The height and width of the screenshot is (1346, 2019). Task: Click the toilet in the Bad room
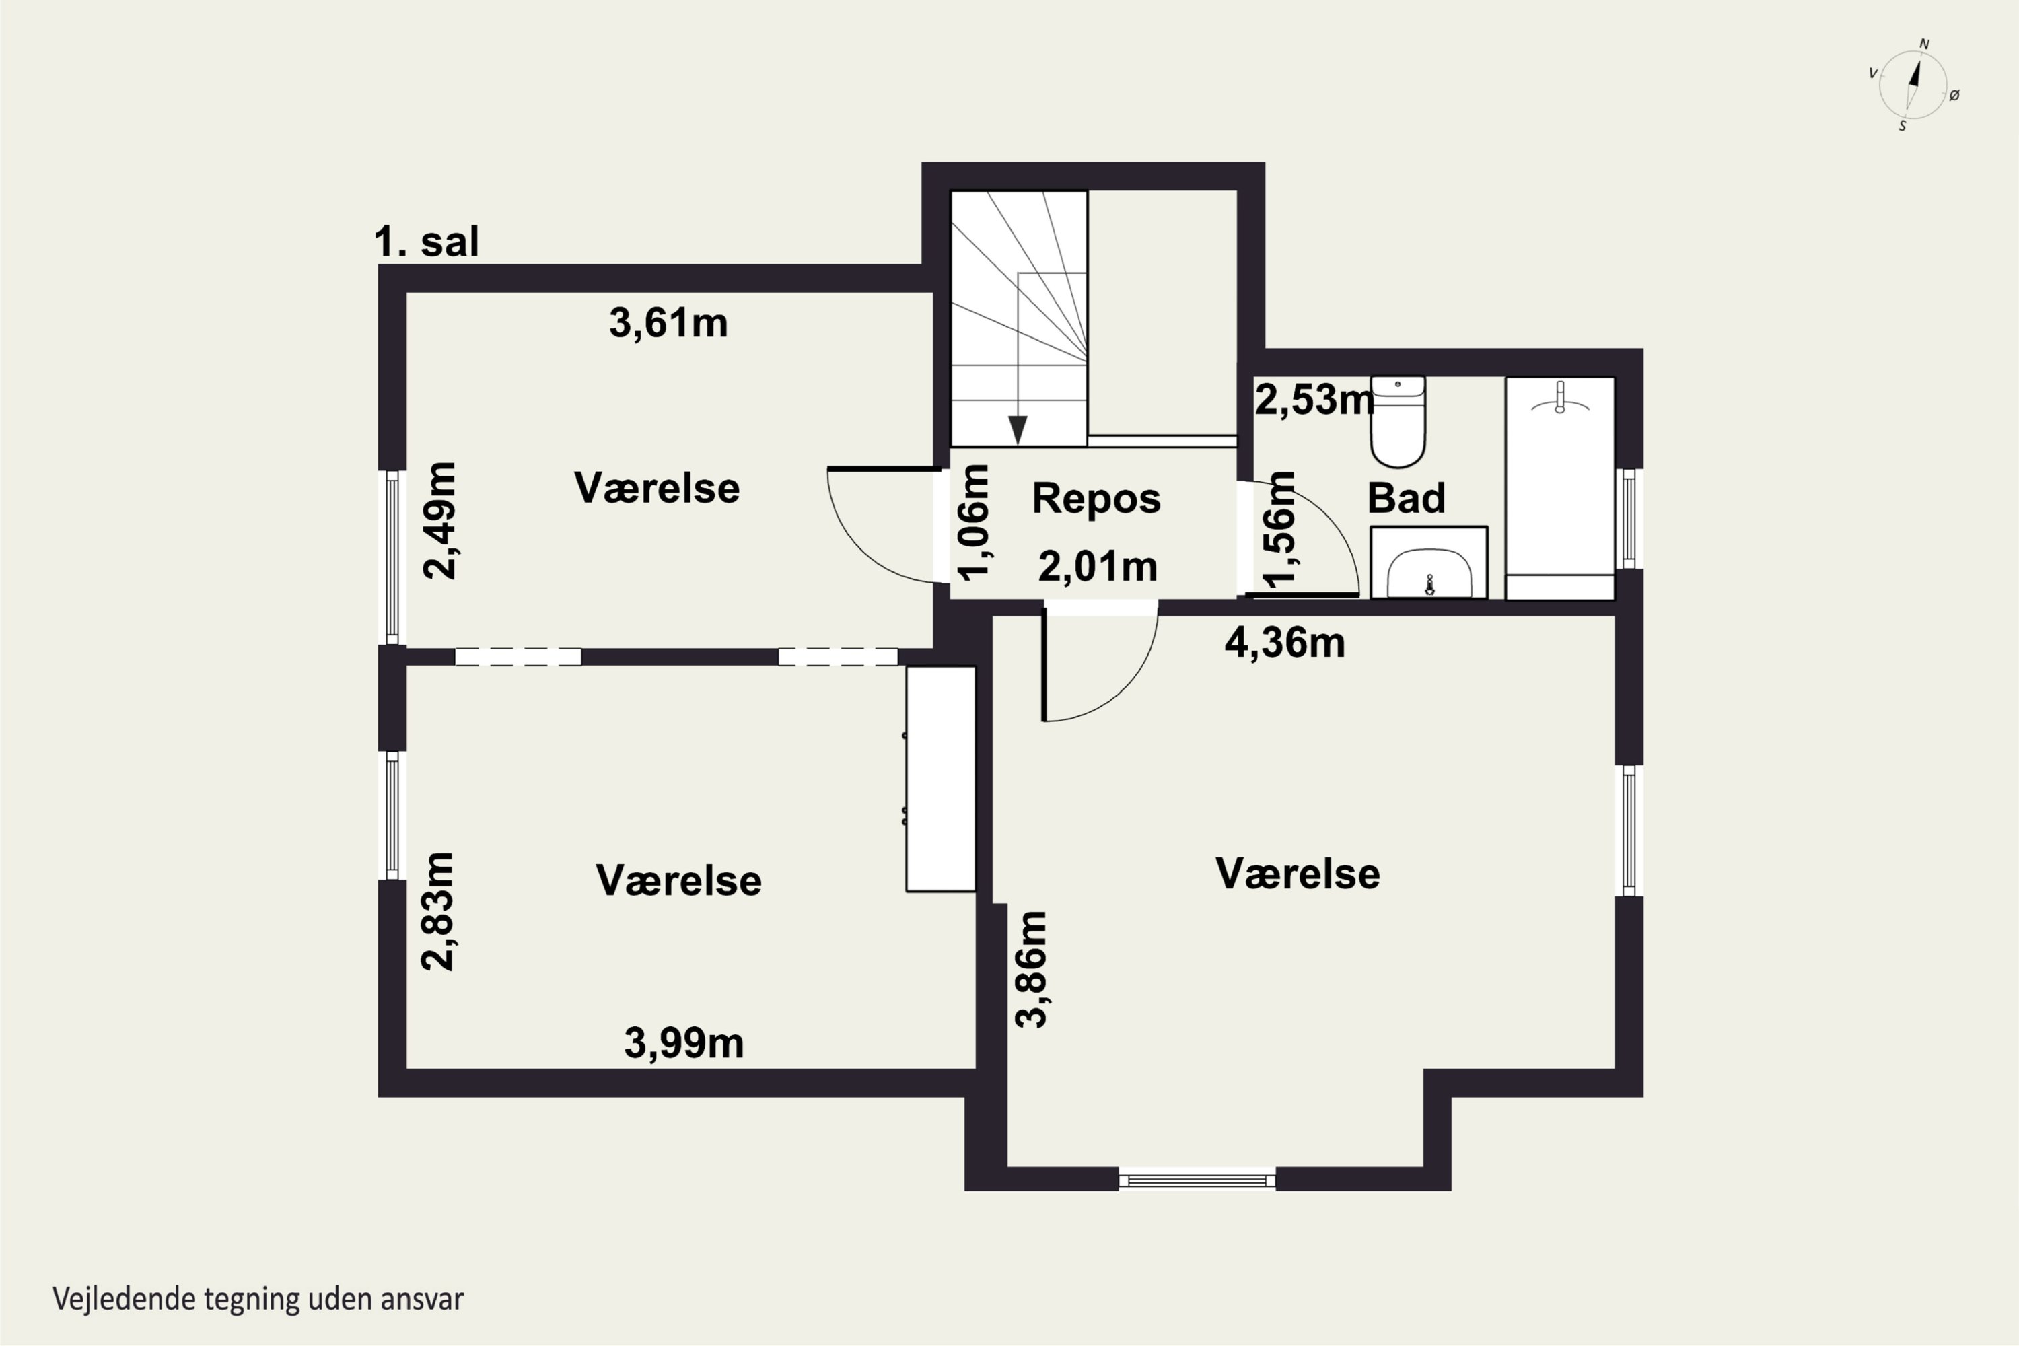coord(1398,421)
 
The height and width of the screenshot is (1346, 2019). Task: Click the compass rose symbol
coord(1913,84)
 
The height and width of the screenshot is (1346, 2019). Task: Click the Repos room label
coord(1096,498)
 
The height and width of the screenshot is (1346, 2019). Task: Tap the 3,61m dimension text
coord(669,324)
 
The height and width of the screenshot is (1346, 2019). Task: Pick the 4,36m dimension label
coord(1284,643)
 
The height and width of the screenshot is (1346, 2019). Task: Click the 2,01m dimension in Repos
coord(1098,567)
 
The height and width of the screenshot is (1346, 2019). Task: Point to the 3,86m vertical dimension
coord(1031,969)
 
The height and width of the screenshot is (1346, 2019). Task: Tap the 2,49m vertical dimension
coord(441,521)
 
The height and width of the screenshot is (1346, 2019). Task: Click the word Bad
coord(1406,498)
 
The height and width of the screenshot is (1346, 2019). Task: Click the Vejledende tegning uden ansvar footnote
coord(258,1299)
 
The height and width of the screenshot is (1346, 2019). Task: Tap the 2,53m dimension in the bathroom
coord(1314,399)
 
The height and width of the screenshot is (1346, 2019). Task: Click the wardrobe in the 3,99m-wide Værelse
coord(941,779)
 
